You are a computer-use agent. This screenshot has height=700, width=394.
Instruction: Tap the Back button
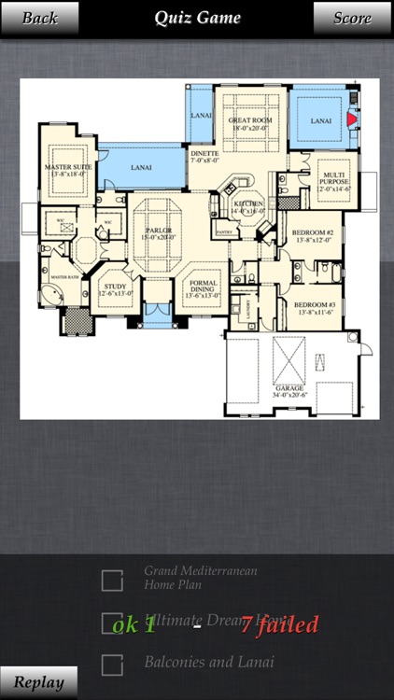pos(39,18)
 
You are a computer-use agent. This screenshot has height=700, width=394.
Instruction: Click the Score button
pos(352,18)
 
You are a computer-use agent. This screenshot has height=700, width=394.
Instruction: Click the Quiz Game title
pos(197,18)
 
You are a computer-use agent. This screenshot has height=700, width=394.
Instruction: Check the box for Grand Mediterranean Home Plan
pos(112,581)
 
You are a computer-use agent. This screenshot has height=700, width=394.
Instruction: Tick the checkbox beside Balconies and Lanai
pos(112,665)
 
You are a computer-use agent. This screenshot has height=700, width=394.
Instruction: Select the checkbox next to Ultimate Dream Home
pos(112,623)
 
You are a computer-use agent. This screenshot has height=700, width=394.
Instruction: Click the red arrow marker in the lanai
pos(351,119)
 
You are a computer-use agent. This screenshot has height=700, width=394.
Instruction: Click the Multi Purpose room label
pos(334,177)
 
